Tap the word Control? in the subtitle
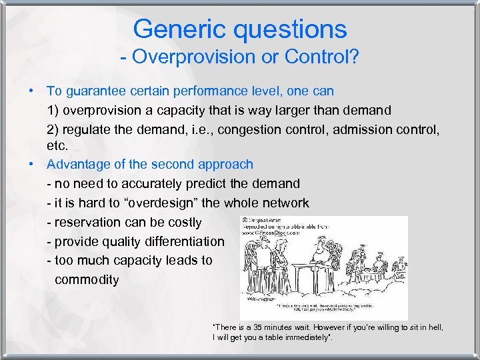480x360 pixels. [x=323, y=57]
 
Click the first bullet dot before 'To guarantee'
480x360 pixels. [x=31, y=90]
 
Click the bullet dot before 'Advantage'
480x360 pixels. [x=31, y=164]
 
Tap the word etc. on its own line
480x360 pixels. [x=57, y=145]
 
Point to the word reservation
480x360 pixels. [x=89, y=221]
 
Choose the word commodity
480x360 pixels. [x=87, y=279]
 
